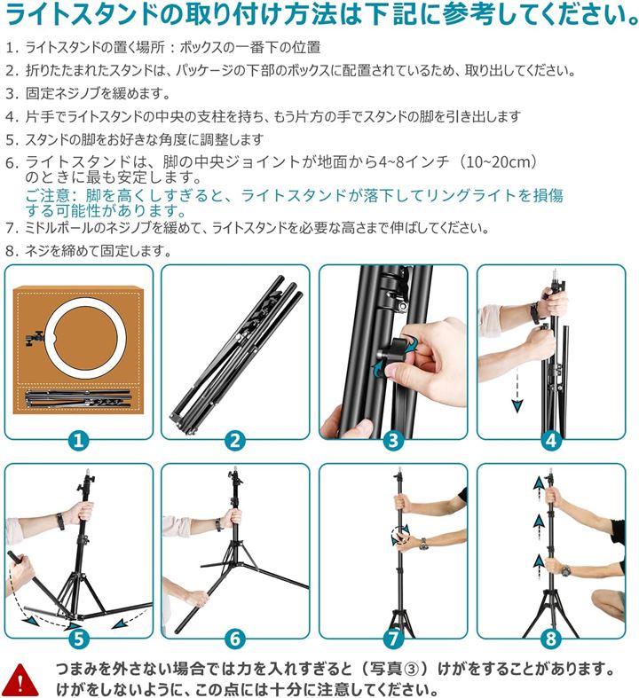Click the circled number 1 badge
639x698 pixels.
click(78, 441)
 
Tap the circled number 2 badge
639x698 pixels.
click(235, 441)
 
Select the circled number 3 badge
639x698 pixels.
click(393, 441)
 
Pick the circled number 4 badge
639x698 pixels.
click(551, 441)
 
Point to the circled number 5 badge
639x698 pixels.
click(78, 639)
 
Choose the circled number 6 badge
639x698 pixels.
click(235, 639)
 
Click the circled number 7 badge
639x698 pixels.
click(393, 639)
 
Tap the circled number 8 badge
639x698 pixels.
click(551, 639)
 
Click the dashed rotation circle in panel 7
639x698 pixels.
click(399, 535)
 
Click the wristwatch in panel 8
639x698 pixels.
click(565, 570)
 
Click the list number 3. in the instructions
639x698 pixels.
click(12, 94)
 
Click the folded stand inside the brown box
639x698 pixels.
click(78, 398)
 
